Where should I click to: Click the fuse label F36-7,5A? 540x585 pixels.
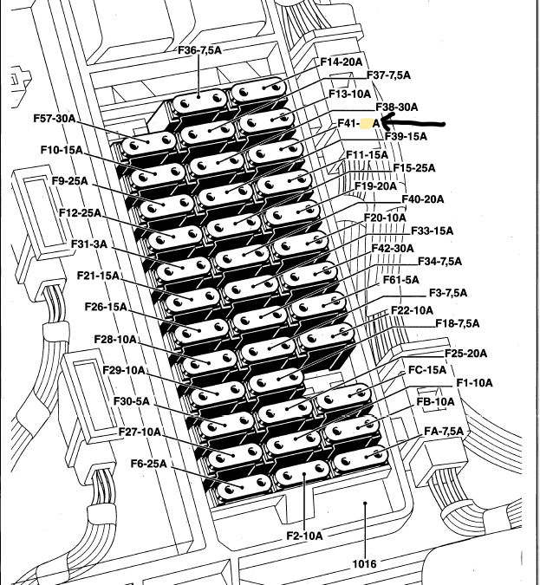tap(198, 50)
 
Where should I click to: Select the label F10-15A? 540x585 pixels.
tap(61, 150)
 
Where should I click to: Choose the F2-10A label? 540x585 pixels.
tap(303, 536)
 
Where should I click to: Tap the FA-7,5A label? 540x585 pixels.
tap(444, 431)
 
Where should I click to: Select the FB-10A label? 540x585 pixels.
tap(435, 402)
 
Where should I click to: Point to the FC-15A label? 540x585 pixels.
tap(427, 370)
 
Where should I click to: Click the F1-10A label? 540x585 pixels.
tap(474, 383)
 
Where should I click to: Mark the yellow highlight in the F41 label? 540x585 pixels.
tap(368, 124)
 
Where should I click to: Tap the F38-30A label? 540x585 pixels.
tap(396, 107)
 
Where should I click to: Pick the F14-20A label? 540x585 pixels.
tap(341, 62)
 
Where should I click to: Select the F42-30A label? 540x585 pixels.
tap(393, 248)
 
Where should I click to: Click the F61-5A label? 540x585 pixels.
tap(400, 279)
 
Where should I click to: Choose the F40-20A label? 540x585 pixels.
tap(422, 199)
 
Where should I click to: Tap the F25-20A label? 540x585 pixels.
tap(465, 354)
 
